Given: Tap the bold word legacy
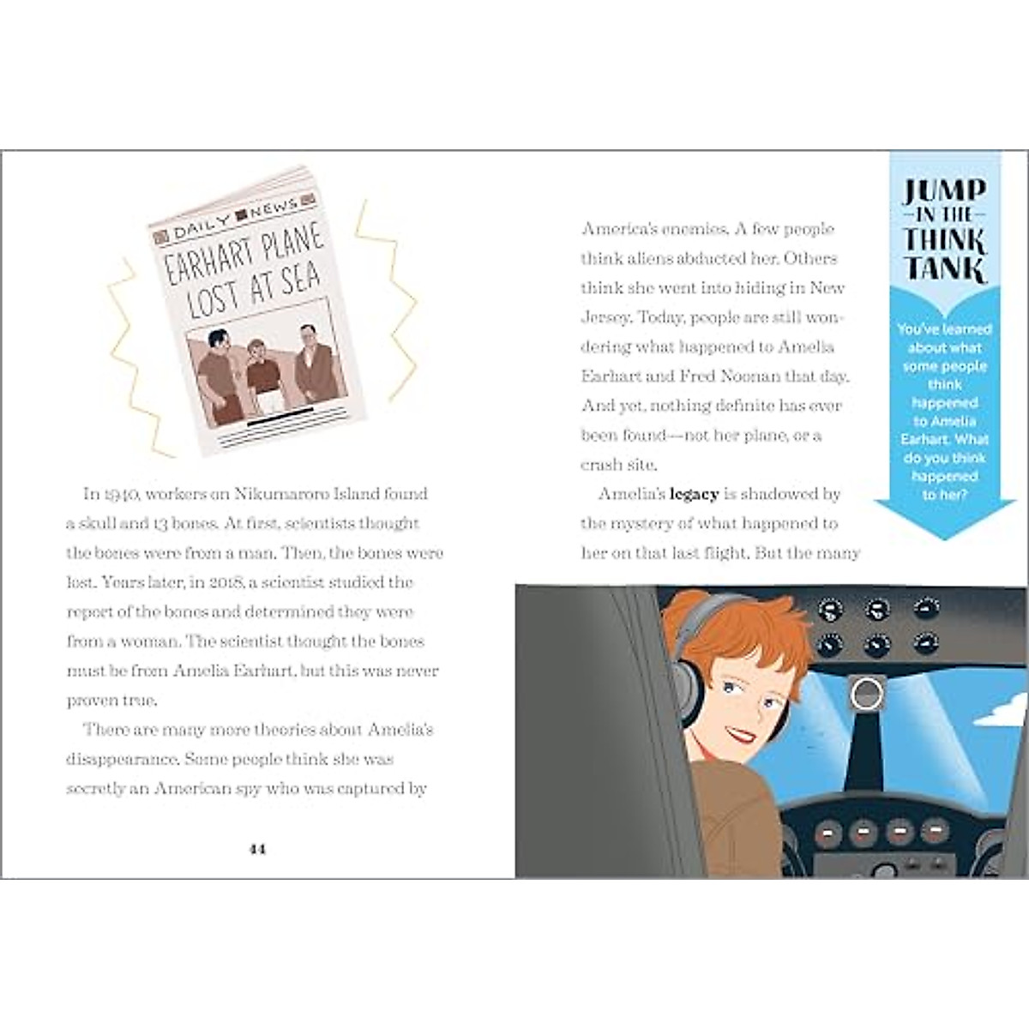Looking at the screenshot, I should coord(694,494).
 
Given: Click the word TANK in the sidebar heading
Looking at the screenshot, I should coord(943,269).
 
